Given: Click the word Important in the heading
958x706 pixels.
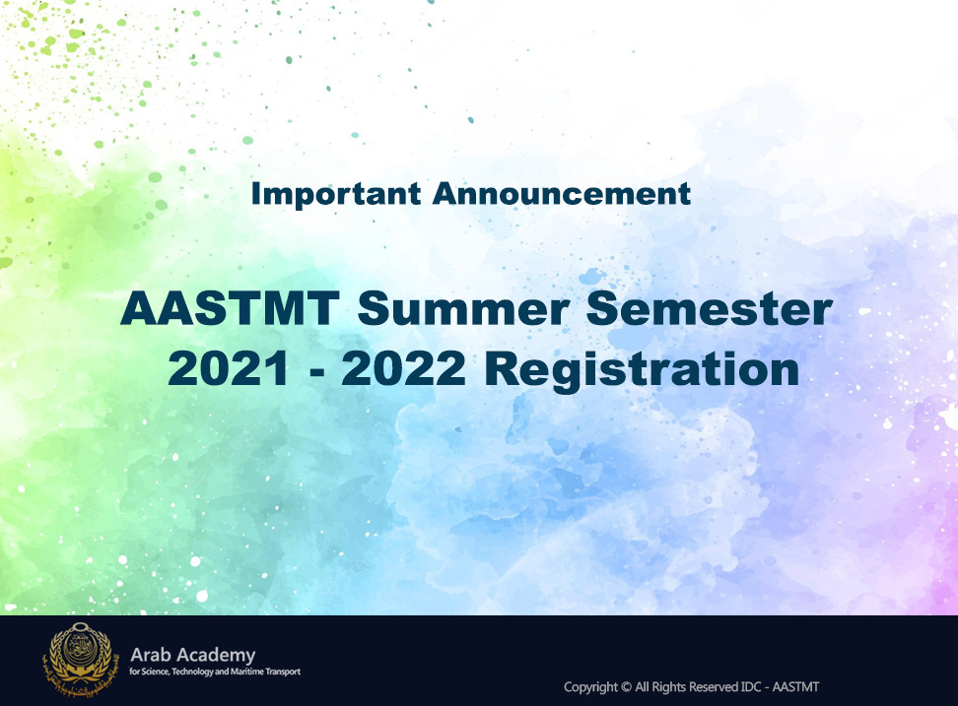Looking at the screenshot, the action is coord(336,195).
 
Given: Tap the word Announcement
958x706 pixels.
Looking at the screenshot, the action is coord(562,193).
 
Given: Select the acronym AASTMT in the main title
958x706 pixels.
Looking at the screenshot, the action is coord(230,309).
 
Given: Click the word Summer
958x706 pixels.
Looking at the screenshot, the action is coord(464,309).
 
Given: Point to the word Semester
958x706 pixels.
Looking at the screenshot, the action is coord(710,308).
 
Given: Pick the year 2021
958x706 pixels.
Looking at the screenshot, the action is coord(228,369).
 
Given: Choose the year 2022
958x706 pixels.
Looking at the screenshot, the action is coord(404,369).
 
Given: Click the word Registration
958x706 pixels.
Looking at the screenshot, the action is coord(643,371).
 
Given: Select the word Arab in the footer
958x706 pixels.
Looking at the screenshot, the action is coord(150,656).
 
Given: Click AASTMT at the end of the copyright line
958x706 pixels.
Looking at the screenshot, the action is coord(795,687).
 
